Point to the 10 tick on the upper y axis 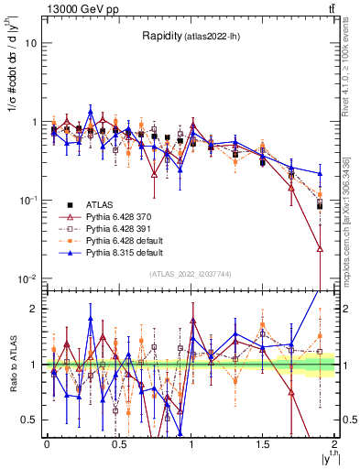31,43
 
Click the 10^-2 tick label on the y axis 27,278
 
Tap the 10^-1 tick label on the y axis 27,200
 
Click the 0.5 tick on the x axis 118,443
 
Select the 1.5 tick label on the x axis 263,443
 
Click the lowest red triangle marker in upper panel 320,248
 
